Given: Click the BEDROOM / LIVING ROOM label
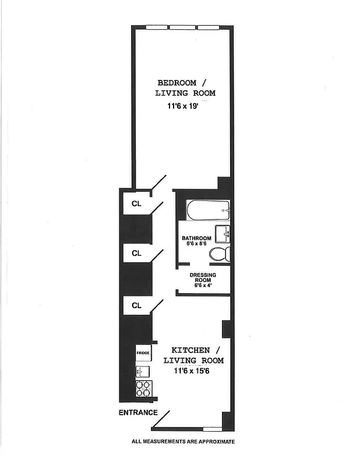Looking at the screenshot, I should (185, 87).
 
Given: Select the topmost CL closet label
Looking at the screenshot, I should (136, 203).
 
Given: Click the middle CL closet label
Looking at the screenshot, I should (136, 253).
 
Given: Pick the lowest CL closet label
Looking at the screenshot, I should (136, 305).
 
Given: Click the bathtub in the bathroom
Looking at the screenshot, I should (208, 211).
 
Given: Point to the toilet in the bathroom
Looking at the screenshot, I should (220, 254).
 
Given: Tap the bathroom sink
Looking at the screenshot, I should (223, 234).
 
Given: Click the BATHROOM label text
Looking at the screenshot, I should (196, 238).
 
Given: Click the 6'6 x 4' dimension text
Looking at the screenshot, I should (203, 286).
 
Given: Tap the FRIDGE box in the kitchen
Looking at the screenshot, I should (143, 353).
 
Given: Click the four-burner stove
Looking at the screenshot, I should (143, 389).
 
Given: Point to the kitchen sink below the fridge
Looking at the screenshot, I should (143, 371).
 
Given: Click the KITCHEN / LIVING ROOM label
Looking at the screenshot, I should (193, 355).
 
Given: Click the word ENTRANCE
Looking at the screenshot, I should (138, 412).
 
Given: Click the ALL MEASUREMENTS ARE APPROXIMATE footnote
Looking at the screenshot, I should (183, 442).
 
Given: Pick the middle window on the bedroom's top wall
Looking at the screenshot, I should (183, 27).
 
